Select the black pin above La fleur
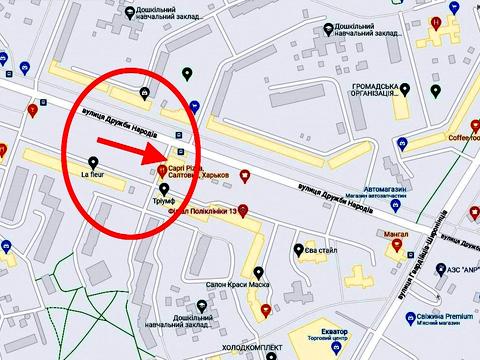tap(93, 162)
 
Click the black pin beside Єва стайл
tap(298, 250)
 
